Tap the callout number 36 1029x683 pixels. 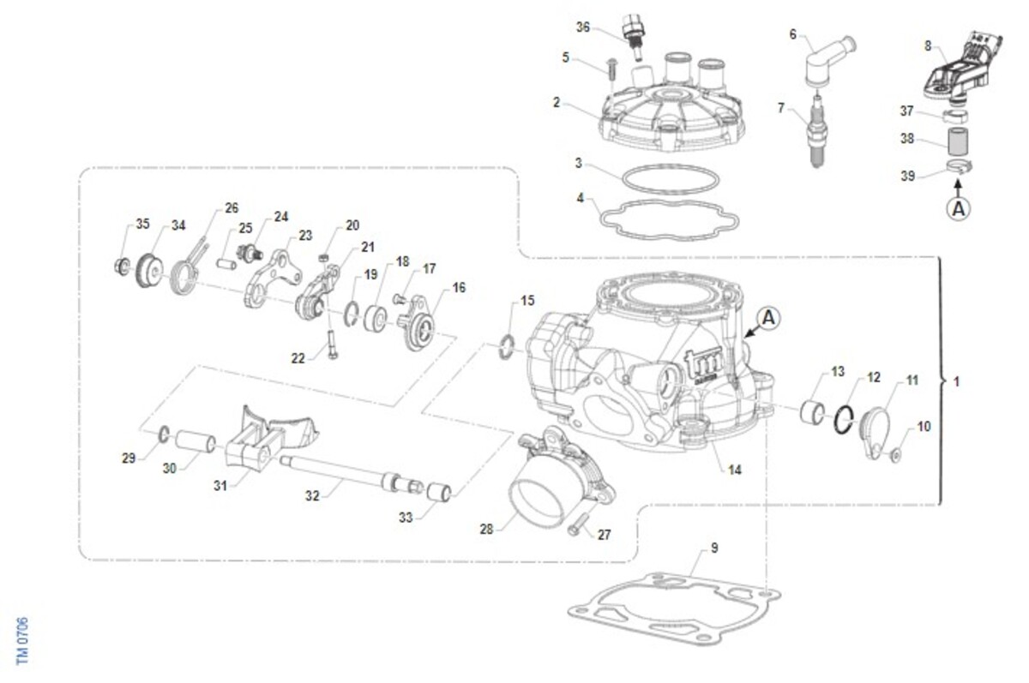(583, 27)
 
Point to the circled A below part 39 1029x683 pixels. (959, 207)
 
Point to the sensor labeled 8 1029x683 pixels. (958, 66)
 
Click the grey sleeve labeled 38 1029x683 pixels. (959, 141)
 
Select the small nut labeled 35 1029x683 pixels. (121, 265)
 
